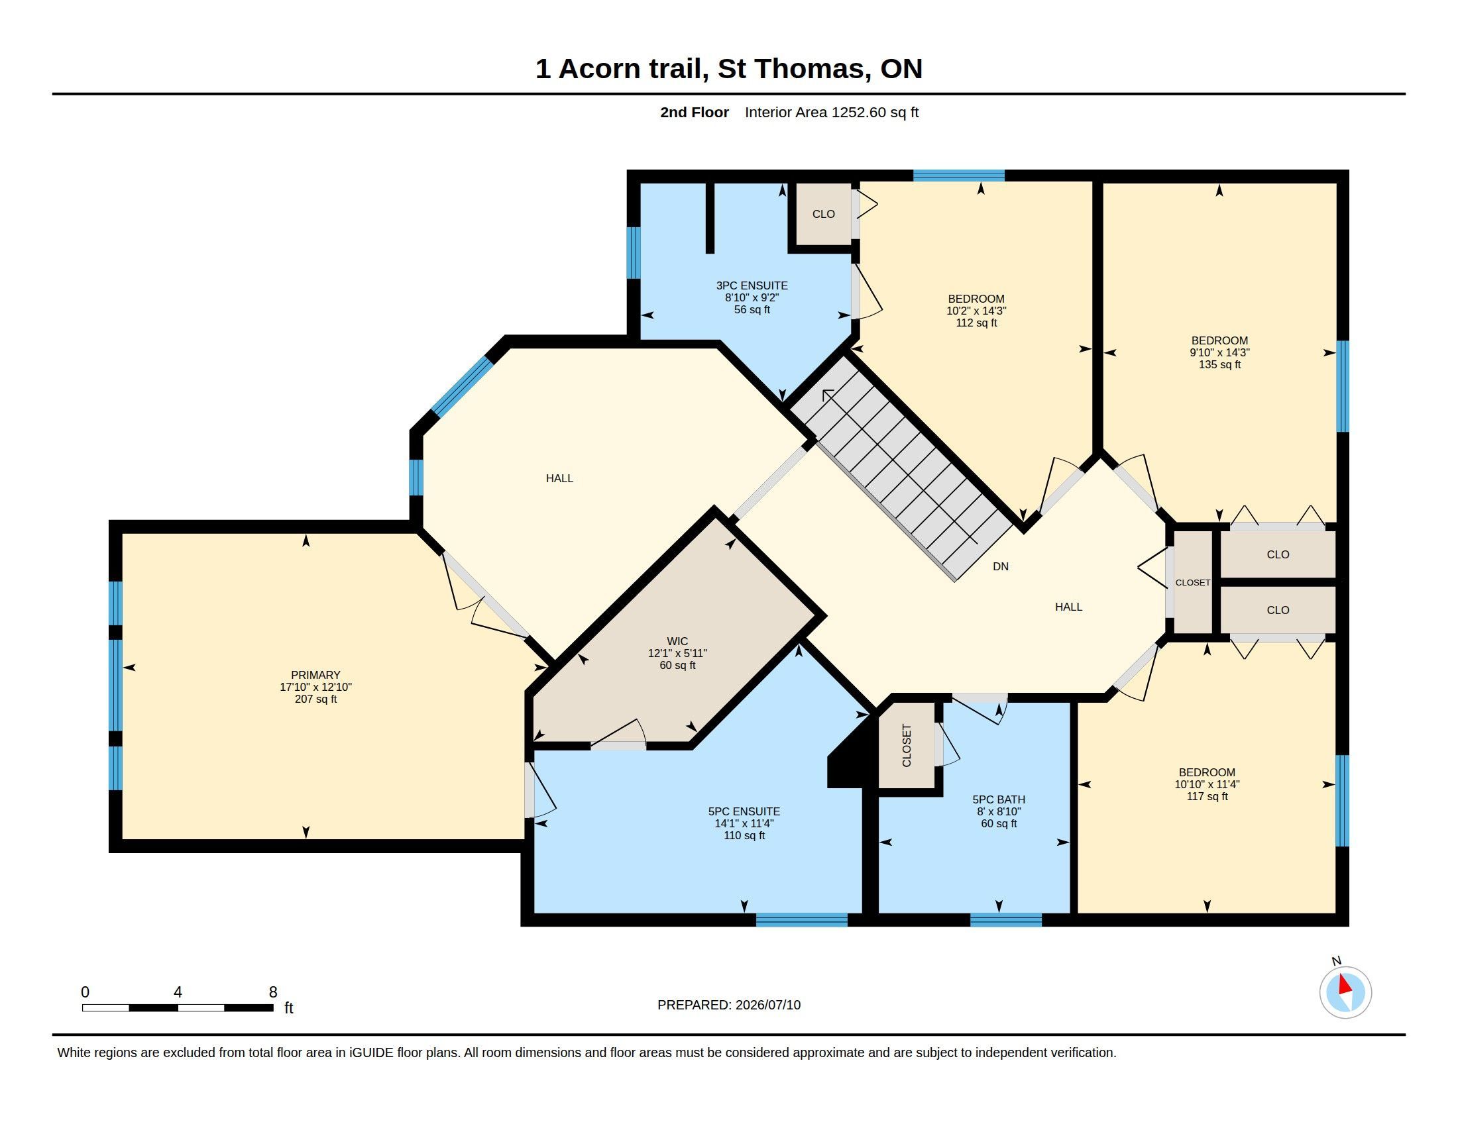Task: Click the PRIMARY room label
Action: point(315,675)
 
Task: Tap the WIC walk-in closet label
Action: point(677,641)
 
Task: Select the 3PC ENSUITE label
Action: point(752,285)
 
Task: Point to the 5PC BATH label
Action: point(999,799)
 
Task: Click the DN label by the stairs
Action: point(1001,566)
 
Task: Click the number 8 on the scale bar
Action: point(273,992)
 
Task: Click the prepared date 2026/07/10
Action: point(767,1005)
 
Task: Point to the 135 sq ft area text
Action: point(1219,364)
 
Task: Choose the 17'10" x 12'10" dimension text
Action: point(315,687)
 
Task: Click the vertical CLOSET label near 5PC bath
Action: point(907,745)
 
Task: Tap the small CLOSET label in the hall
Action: point(1192,582)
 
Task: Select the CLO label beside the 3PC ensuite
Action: point(823,214)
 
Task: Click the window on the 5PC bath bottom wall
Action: point(1005,920)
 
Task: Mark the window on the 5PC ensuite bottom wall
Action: point(801,920)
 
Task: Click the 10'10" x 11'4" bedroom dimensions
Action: point(1207,784)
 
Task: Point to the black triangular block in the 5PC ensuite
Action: point(847,758)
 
